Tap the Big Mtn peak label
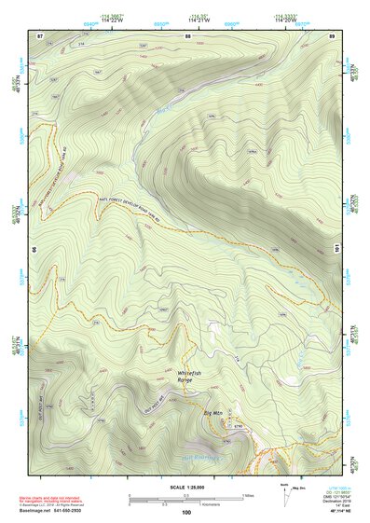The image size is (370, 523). [213, 412]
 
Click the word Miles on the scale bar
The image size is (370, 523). [248, 494]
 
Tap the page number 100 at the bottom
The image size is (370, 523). [185, 513]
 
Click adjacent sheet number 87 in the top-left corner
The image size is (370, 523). [40, 35]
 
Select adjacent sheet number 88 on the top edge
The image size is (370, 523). [187, 35]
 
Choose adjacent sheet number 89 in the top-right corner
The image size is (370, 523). [333, 35]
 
